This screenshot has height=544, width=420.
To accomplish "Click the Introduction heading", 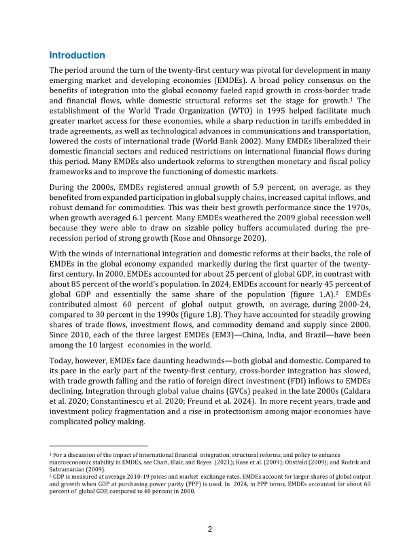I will pyautogui.click(x=77, y=55).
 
